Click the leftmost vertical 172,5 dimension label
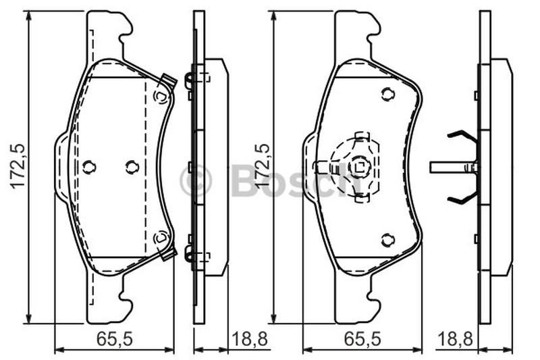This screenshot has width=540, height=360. pyautogui.click(x=18, y=166)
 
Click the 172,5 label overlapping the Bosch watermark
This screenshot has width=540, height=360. pyautogui.click(x=263, y=166)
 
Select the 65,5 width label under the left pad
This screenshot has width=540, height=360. pyautogui.click(x=114, y=339)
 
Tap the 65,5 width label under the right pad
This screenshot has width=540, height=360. pyautogui.click(x=362, y=339)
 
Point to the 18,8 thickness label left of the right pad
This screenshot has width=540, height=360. pyautogui.click(x=250, y=339)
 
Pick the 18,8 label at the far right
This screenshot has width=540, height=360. pyautogui.click(x=455, y=339)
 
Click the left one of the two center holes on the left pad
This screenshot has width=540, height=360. pyautogui.click(x=89, y=167)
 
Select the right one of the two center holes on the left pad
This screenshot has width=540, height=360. pyautogui.click(x=132, y=167)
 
